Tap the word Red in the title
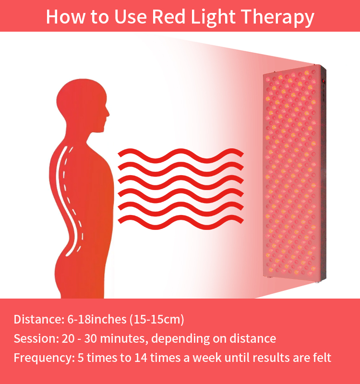[x=169, y=17]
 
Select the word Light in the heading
[x=213, y=17]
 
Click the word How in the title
[x=66, y=17]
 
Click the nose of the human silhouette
[x=108, y=114]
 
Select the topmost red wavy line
[x=181, y=156]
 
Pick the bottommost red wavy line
[x=181, y=222]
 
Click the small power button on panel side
[x=323, y=81]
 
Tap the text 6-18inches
[x=97, y=319]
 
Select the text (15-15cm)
[x=157, y=320]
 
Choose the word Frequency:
[x=44, y=358]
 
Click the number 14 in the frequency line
[x=141, y=358]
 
